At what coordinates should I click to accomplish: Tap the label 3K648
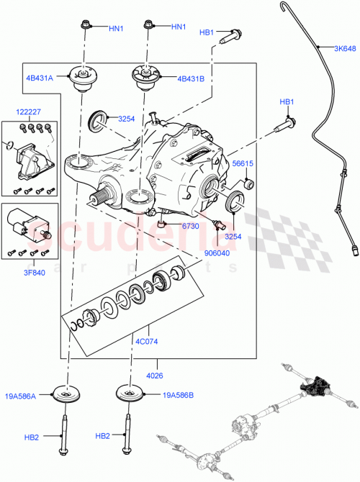point(344,49)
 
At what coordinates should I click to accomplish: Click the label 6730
point(189,226)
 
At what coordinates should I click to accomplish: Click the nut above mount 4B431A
point(85,27)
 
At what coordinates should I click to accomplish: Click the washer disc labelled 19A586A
point(68,397)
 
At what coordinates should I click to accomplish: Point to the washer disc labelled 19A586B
point(131,396)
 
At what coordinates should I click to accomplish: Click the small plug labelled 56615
point(249,186)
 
